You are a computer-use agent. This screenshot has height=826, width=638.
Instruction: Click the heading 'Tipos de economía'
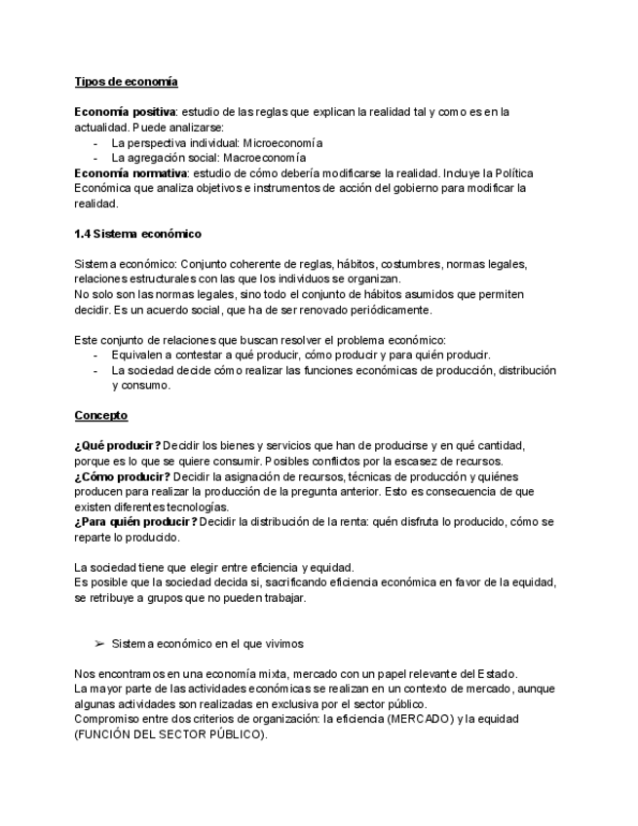pyautogui.click(x=126, y=82)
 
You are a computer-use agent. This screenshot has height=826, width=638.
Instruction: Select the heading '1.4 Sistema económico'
pyautogui.click(x=137, y=234)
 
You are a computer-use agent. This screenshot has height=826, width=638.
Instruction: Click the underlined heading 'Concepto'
pyautogui.click(x=100, y=416)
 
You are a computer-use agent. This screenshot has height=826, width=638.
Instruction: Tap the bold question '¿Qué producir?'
pyautogui.click(x=117, y=446)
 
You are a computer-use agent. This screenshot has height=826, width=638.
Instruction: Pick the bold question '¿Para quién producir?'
pyautogui.click(x=135, y=522)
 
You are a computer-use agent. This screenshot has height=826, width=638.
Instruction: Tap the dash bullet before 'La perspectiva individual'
pyautogui.click(x=95, y=143)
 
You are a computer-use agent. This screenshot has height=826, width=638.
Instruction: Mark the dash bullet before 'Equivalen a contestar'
pyautogui.click(x=95, y=356)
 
